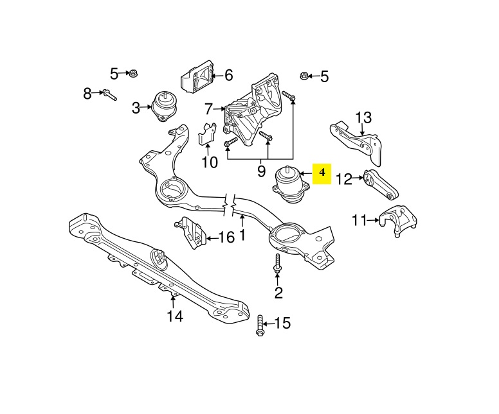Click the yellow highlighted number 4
coord(322,173)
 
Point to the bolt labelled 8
coord(109,95)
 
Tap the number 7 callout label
coord(208,108)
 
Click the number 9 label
coord(261,171)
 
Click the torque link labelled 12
coord(380,184)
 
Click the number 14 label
coord(174,316)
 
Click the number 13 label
coord(363,117)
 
